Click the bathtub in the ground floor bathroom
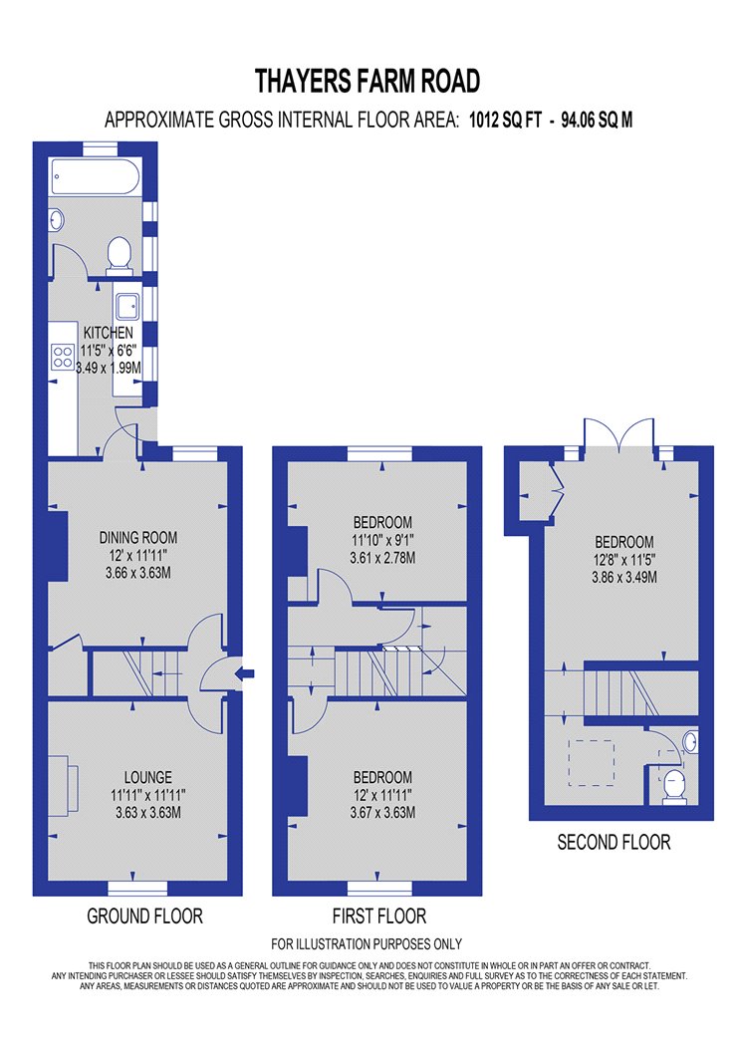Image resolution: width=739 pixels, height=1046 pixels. [95, 176]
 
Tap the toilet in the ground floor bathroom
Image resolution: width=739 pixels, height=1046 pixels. [120, 255]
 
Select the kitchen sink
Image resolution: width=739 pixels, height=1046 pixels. [127, 308]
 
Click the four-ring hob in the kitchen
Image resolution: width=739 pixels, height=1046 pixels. [63, 357]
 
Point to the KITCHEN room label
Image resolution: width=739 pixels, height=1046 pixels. [108, 332]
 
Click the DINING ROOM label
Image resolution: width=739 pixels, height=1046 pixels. [138, 537]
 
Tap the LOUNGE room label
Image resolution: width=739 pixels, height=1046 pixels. [148, 777]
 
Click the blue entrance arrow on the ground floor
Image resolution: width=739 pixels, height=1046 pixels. [245, 673]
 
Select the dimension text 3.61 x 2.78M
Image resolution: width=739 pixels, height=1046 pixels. [382, 558]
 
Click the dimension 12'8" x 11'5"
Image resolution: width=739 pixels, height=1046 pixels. [624, 560]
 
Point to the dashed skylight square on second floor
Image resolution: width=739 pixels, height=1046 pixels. [591, 762]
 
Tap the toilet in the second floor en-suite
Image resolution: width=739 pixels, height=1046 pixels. [675, 785]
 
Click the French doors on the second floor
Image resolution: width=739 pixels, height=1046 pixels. [618, 433]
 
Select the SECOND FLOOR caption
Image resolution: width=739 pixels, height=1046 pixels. [614, 843]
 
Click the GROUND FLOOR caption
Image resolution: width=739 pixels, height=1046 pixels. [144, 915]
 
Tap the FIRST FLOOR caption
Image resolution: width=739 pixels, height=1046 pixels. [378, 915]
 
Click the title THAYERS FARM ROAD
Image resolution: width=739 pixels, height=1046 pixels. [368, 81]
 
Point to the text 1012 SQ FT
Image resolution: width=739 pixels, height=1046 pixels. [506, 121]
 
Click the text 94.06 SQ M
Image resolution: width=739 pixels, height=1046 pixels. [597, 121]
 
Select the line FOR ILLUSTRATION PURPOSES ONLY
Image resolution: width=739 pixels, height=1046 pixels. [367, 944]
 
